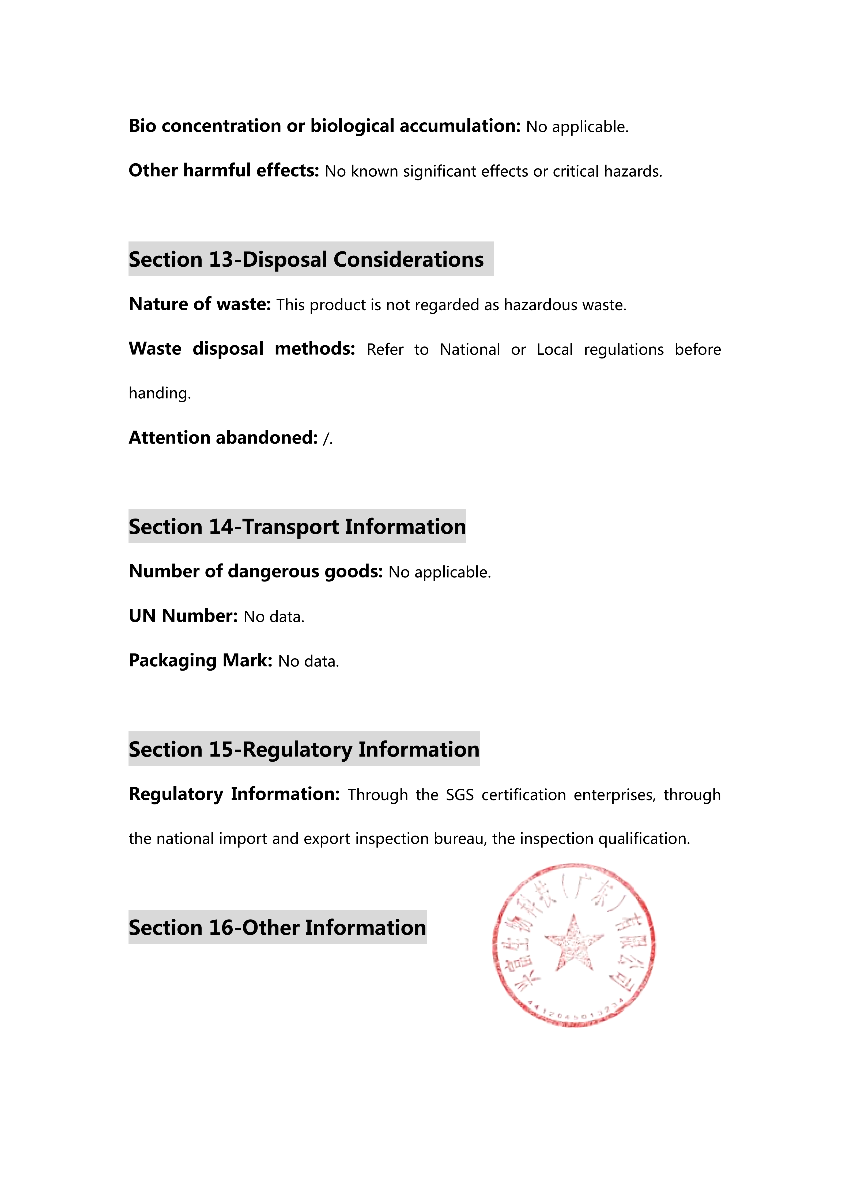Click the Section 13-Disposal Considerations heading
[x=306, y=260]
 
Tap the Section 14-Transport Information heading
[x=297, y=527]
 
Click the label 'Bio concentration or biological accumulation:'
[x=324, y=126]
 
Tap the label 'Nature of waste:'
[x=199, y=304]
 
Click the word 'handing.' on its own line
[x=160, y=393]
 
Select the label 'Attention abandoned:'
[x=223, y=438]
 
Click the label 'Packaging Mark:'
[x=201, y=661]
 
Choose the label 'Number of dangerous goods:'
[x=256, y=572]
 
